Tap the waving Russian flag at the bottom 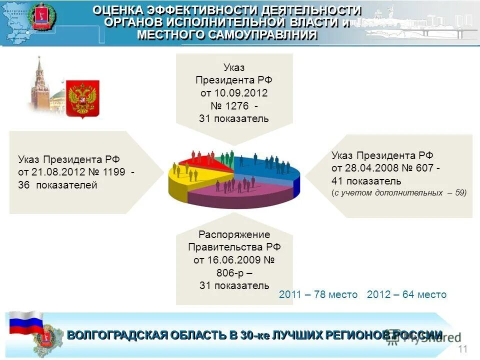26,322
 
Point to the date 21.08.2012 57,172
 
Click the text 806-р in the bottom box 228,273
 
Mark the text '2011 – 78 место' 318,294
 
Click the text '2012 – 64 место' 406,294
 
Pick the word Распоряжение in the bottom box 234,234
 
